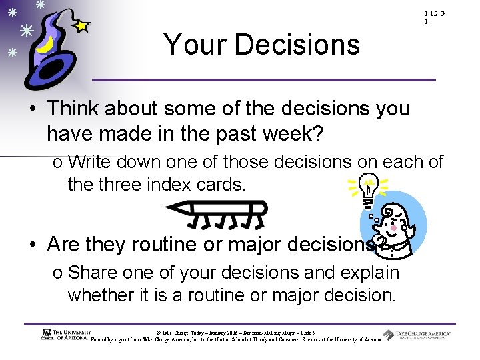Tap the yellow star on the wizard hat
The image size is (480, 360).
pos(81,26)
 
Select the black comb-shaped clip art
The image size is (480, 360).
pos(217,213)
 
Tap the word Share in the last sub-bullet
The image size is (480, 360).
pos(92,273)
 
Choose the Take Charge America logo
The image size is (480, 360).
pos(417,335)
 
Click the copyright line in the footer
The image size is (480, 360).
pos(235,332)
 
